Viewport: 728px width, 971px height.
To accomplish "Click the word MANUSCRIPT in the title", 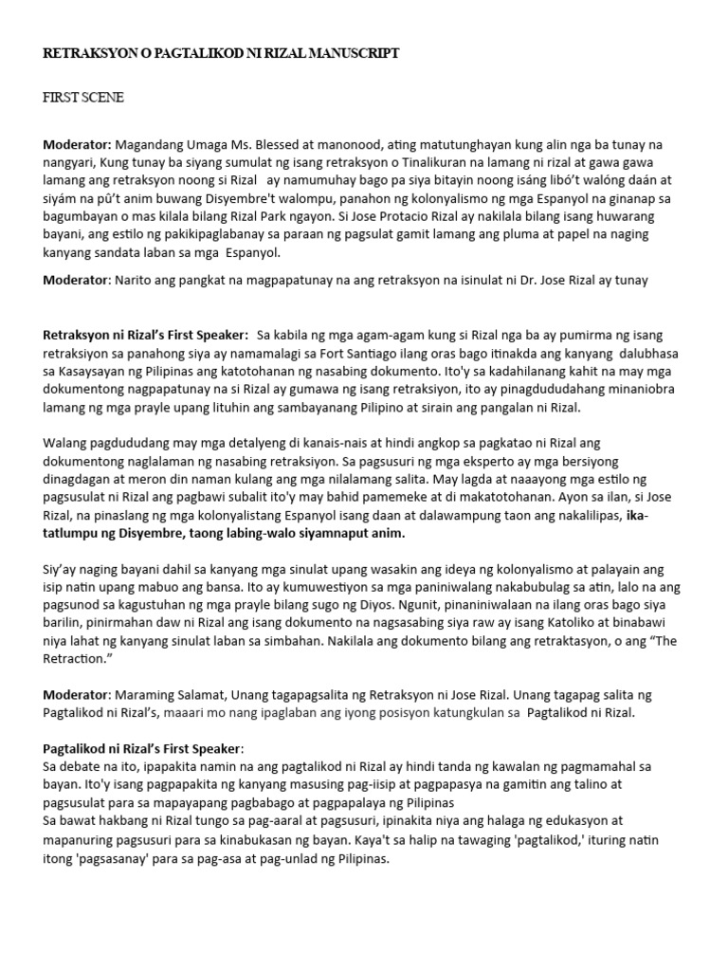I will pyautogui.click(x=350, y=54).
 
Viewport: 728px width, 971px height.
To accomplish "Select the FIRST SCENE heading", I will pyautogui.click(x=83, y=98).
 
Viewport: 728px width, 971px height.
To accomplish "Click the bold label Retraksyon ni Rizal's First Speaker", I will pyautogui.click(x=146, y=335).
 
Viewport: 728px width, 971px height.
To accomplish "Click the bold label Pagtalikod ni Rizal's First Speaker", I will pyautogui.click(x=143, y=748).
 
